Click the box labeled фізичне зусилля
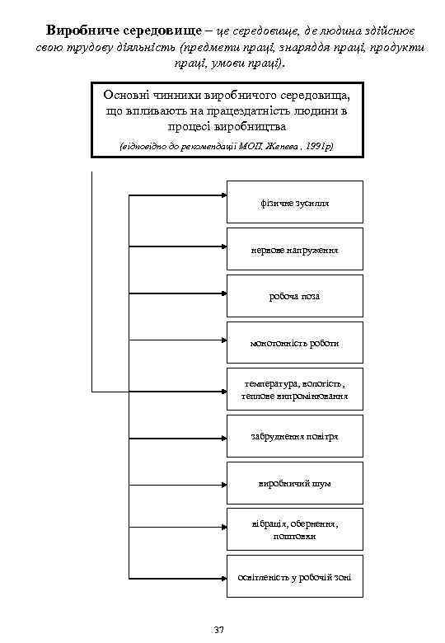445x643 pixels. [294, 202]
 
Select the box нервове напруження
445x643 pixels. [294, 249]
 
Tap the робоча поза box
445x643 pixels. [294, 296]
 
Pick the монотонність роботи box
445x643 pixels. [294, 343]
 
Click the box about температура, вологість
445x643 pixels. [294, 390]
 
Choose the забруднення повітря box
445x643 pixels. [294, 436]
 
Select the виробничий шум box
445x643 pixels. [294, 483]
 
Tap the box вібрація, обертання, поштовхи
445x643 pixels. [294, 530]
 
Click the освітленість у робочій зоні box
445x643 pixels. [294, 577]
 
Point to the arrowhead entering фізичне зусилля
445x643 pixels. [222, 196]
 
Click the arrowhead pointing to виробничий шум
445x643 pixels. [222, 477]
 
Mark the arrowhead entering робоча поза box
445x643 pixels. [222, 290]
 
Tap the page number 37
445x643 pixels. [218, 631]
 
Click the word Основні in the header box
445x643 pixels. [120, 94]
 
